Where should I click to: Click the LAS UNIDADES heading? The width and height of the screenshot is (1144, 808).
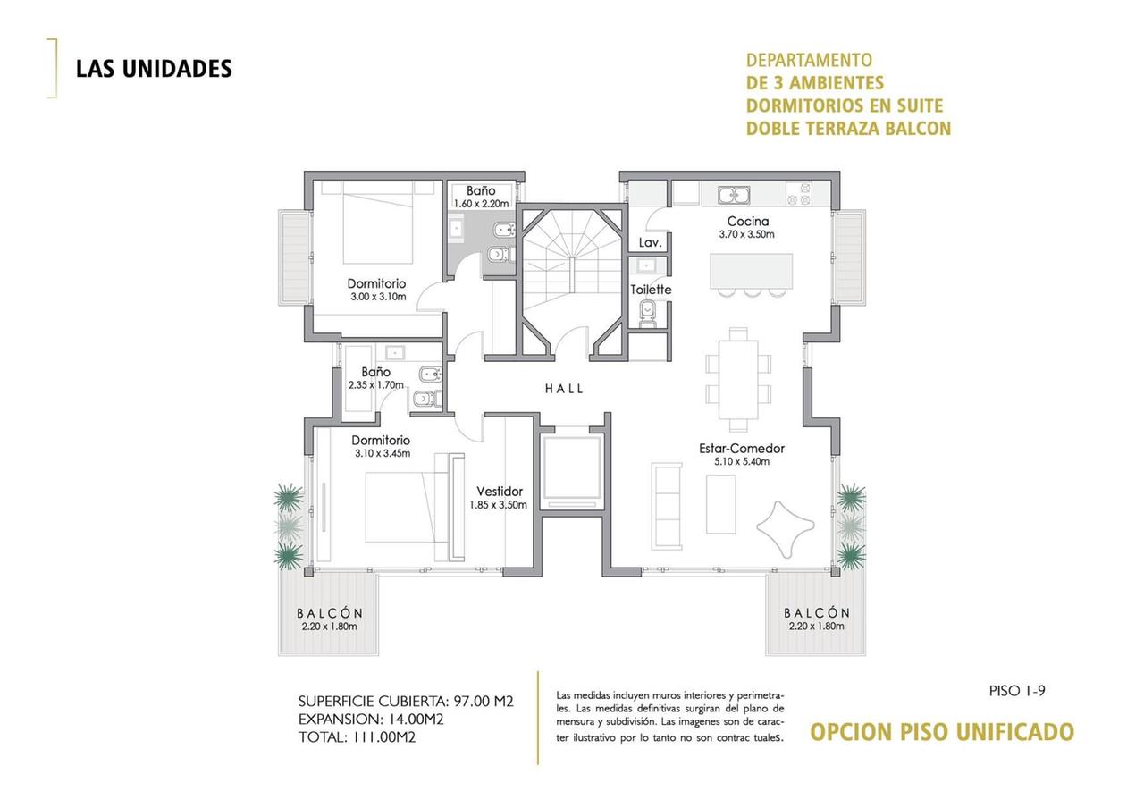154,69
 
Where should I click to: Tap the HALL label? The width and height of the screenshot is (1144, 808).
564,389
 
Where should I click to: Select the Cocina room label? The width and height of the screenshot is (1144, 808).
748,221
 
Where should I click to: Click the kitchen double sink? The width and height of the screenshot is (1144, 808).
734,195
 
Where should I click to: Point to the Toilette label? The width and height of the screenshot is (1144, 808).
651,290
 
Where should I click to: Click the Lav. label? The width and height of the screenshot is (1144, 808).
650,242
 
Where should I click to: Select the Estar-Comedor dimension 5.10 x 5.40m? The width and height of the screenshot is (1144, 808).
742,462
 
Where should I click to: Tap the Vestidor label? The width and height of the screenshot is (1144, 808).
500,492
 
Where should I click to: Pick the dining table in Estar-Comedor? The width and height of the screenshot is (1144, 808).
738,380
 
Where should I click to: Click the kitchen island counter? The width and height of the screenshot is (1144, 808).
752,271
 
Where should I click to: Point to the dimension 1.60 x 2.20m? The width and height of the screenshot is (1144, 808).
481,204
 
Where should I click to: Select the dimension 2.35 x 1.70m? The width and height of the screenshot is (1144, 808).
376,385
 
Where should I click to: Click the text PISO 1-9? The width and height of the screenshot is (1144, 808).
1017,691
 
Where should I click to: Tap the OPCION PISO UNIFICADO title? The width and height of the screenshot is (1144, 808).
942,732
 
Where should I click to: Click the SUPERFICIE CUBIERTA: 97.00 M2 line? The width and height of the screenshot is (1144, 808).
406,702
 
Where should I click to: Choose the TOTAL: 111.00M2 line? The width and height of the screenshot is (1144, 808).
357,737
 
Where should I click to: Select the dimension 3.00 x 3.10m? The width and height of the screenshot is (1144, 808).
378,297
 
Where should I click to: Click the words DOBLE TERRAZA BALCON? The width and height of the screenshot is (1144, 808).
848,128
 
